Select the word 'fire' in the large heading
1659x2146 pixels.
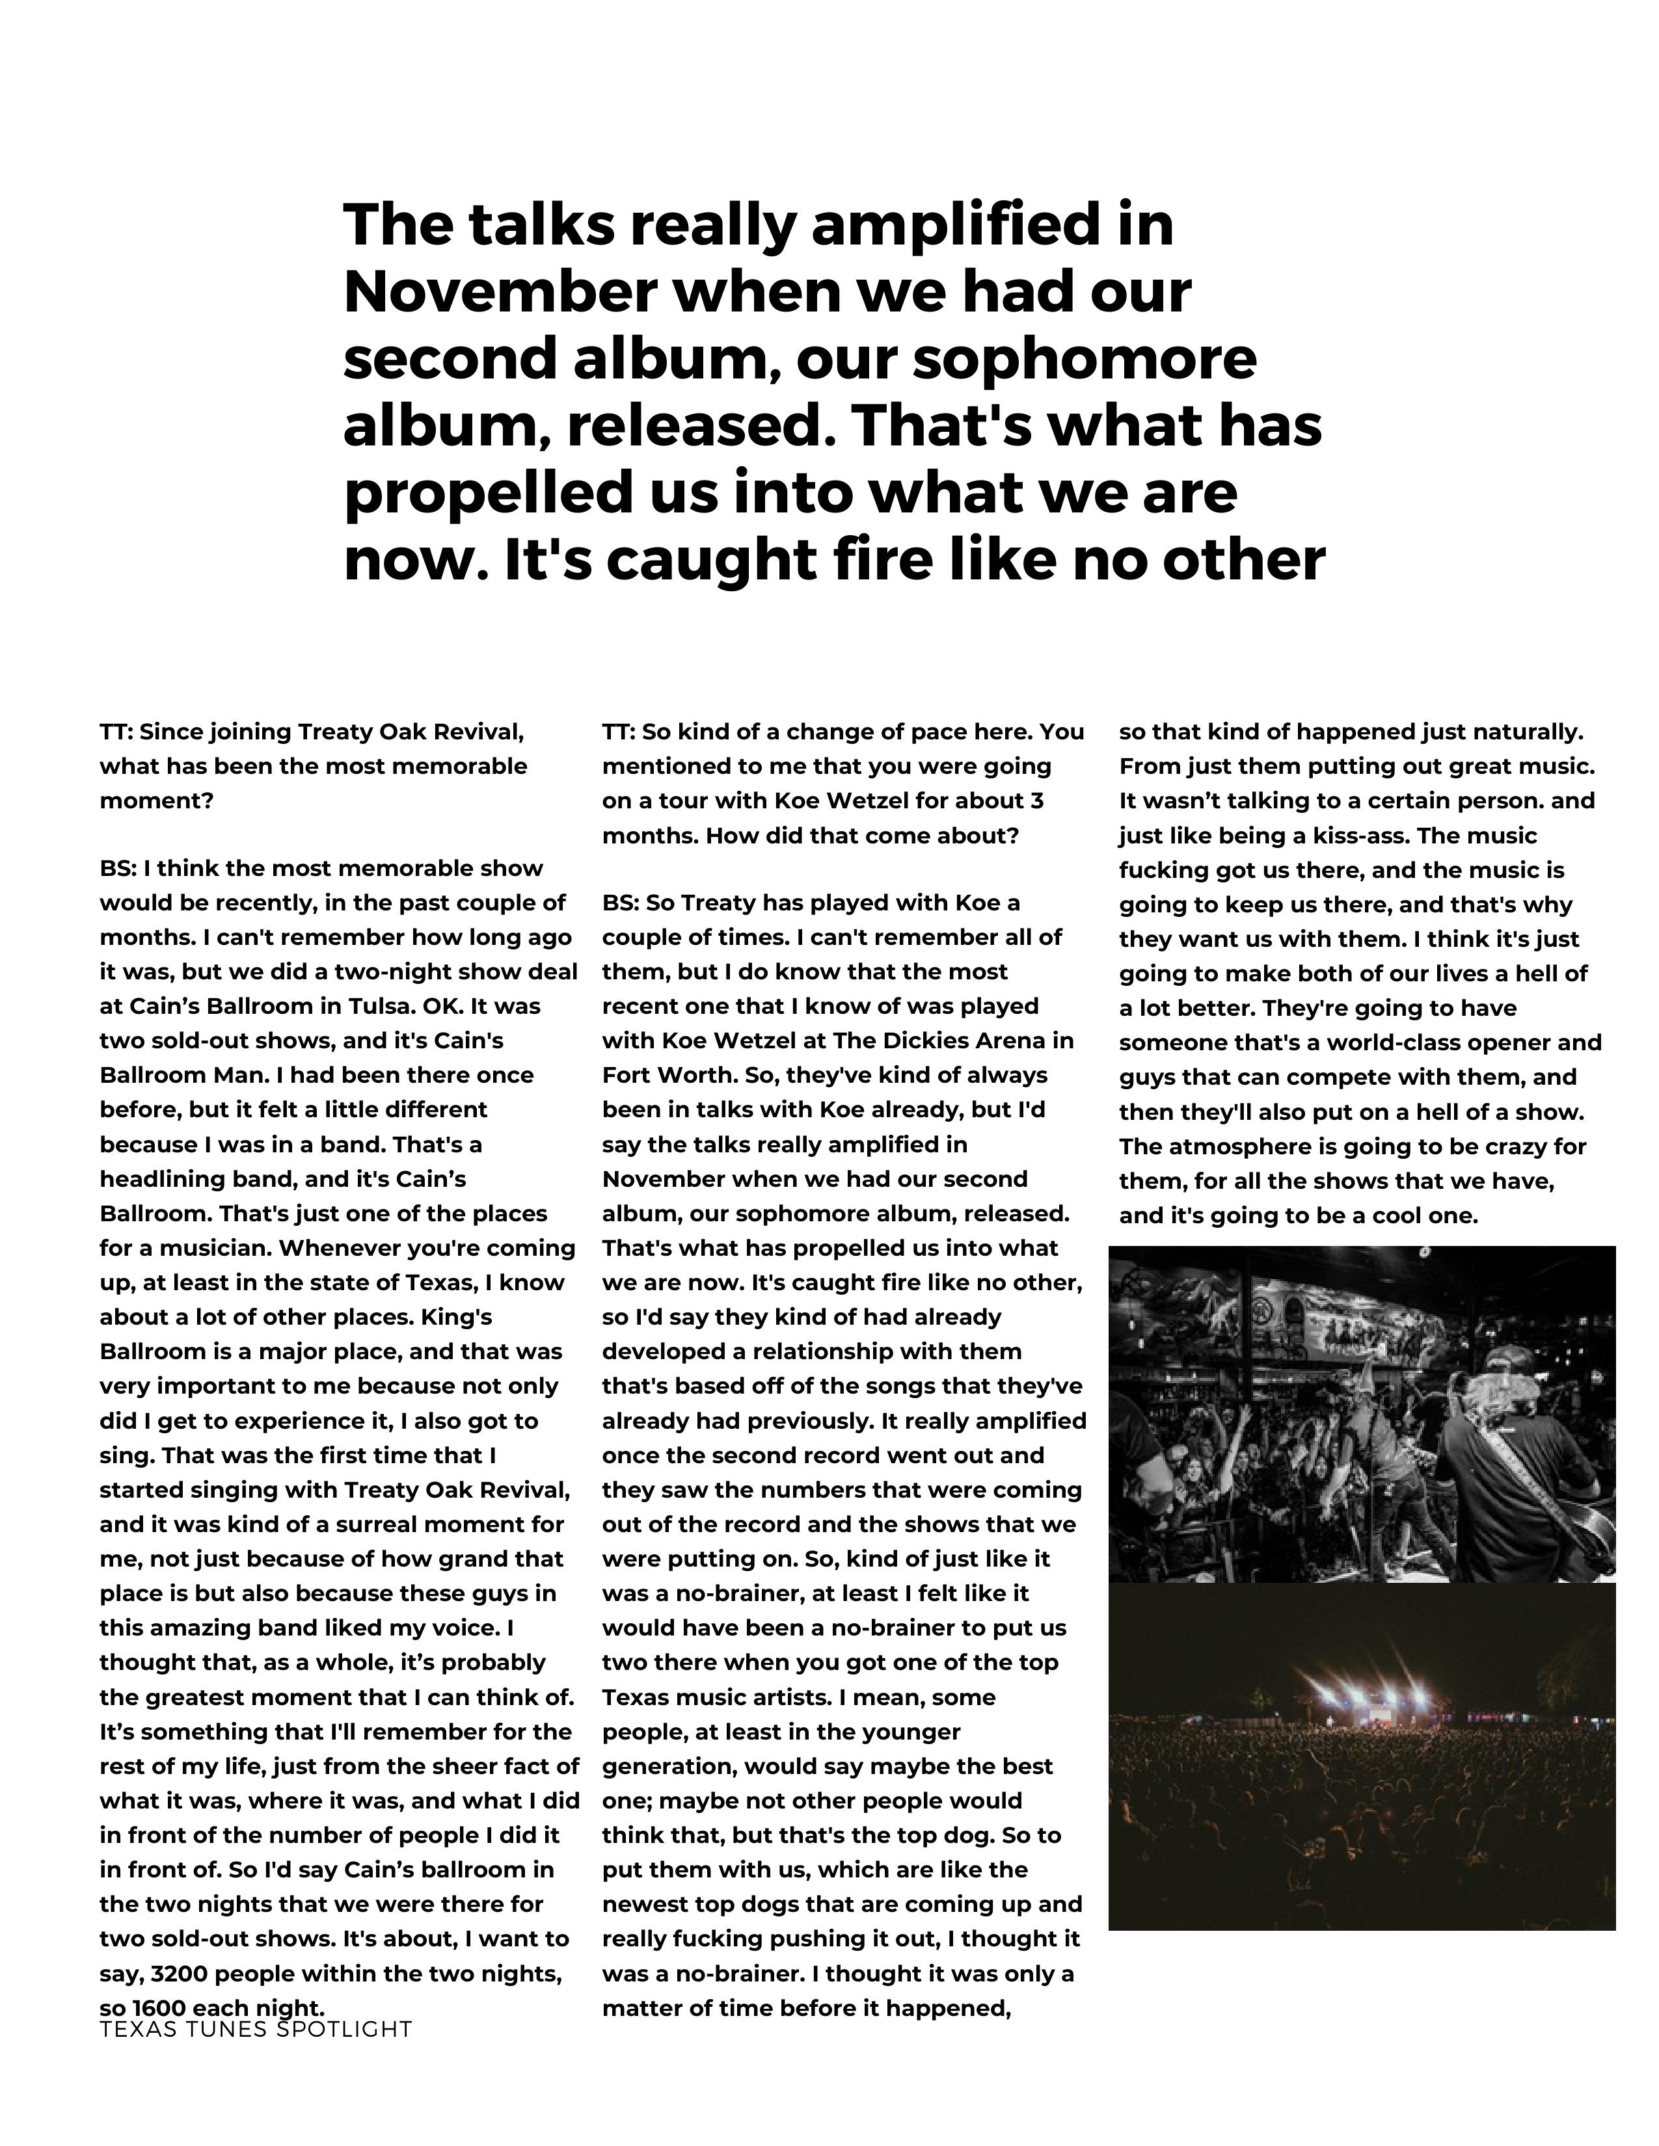[x=889, y=560]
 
